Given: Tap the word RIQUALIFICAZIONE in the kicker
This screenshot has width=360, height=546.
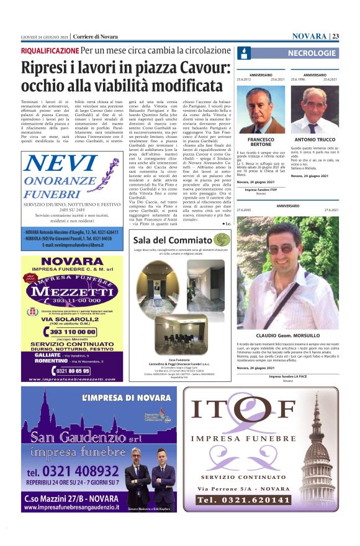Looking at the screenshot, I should [50, 50].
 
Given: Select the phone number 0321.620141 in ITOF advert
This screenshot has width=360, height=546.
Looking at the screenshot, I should [248, 499].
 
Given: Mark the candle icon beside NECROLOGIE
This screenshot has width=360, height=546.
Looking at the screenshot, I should [244, 53].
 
